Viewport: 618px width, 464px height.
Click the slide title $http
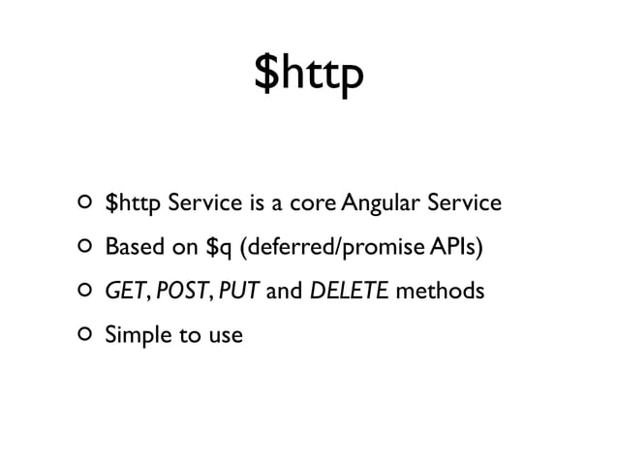[308, 76]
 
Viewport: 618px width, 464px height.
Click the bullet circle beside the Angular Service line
[83, 204]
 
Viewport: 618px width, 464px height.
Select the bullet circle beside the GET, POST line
[83, 292]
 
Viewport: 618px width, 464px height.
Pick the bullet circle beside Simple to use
[83, 335]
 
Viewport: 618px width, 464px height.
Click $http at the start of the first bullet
[134, 204]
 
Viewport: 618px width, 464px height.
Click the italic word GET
[124, 292]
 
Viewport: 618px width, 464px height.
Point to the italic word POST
[175, 292]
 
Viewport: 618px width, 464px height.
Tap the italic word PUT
[237, 292]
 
